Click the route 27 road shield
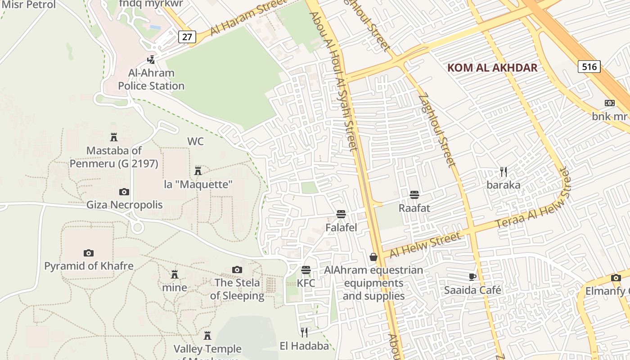(187, 37)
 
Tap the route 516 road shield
(589, 67)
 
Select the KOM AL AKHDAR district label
(492, 68)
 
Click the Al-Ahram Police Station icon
(151, 59)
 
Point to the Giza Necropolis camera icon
(124, 192)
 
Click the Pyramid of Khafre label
(89, 266)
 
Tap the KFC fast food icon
(306, 270)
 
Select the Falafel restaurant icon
(341, 214)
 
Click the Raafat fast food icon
(414, 195)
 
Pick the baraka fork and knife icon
(504, 171)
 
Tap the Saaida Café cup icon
(472, 277)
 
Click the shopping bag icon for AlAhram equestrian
(373, 257)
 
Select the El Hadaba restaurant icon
(304, 333)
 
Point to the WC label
(195, 141)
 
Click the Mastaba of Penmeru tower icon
(114, 137)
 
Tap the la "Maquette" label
(198, 184)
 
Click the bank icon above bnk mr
(610, 103)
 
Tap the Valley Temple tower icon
(207, 336)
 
